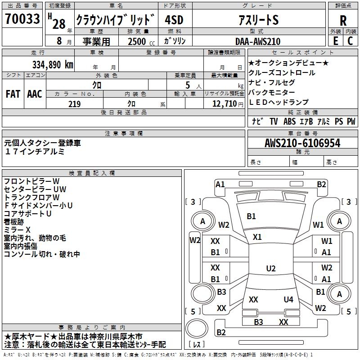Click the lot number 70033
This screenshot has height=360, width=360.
click(x=22, y=19)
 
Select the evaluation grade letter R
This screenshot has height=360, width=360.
click(x=343, y=20)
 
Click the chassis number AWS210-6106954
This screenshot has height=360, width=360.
click(x=302, y=144)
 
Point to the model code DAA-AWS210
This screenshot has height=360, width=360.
click(x=258, y=41)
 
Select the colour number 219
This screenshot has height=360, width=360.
click(x=74, y=104)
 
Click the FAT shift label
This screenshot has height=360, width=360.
click(x=13, y=94)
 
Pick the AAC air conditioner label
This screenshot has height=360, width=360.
click(x=35, y=94)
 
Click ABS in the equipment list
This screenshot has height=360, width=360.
click(x=289, y=121)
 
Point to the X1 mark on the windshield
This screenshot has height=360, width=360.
click(x=257, y=237)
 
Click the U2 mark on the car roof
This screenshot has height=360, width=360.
click(x=270, y=269)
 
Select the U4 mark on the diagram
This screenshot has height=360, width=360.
click(x=288, y=299)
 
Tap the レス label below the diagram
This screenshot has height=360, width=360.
click(x=197, y=345)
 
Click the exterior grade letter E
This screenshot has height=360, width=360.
click(x=335, y=41)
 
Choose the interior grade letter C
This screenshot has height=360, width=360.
click(x=351, y=41)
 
